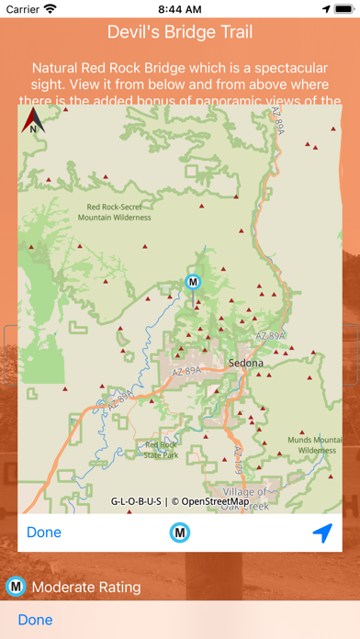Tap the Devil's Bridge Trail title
pyautogui.click(x=180, y=33)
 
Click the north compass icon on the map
pyautogui.click(x=34, y=120)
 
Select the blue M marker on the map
pyautogui.click(x=193, y=281)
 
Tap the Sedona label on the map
pyautogui.click(x=246, y=363)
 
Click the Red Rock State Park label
pyautogui.click(x=162, y=450)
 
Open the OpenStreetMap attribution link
pyautogui.click(x=214, y=501)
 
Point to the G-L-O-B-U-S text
pyautogui.click(x=135, y=501)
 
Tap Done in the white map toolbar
pyautogui.click(x=44, y=532)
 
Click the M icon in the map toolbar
pyautogui.click(x=180, y=532)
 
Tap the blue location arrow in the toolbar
pyautogui.click(x=321, y=532)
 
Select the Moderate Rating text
pyautogui.click(x=86, y=587)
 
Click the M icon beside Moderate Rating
pyautogui.click(x=16, y=587)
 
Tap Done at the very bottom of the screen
pyautogui.click(x=35, y=620)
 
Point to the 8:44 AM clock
pyautogui.click(x=180, y=8)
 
